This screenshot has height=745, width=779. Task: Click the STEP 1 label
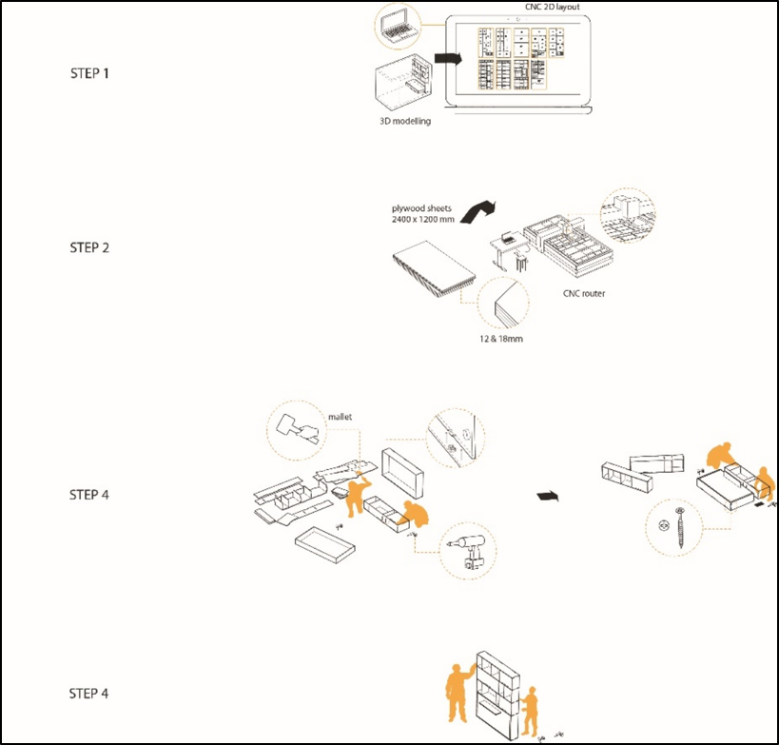pyautogui.click(x=89, y=72)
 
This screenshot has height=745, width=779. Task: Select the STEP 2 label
pyautogui.click(x=89, y=247)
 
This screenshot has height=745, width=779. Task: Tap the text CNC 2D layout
pyautogui.click(x=527, y=8)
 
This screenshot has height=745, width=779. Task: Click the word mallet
pyautogui.click(x=340, y=416)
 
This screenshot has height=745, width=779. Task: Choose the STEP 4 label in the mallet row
pyautogui.click(x=89, y=495)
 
